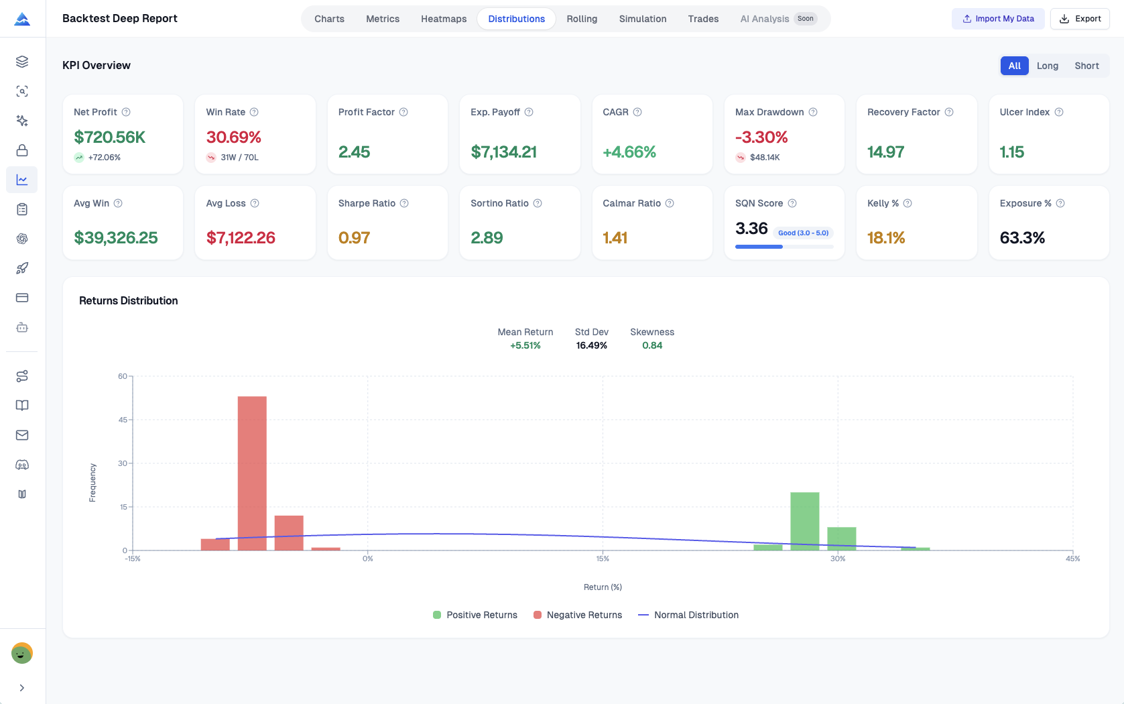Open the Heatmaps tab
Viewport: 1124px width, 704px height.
(x=443, y=19)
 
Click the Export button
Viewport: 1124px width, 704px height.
(x=1080, y=19)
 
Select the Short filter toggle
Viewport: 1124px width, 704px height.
(x=1086, y=66)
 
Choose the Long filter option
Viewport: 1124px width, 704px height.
(x=1047, y=66)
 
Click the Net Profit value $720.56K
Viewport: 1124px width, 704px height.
(x=110, y=137)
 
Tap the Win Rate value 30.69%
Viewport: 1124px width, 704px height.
(x=233, y=137)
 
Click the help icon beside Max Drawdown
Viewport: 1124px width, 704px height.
(x=813, y=112)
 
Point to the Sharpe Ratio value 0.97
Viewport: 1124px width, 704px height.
(x=354, y=238)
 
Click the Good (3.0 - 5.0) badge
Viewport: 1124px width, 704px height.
(x=803, y=233)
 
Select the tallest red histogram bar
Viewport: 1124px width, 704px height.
(x=252, y=473)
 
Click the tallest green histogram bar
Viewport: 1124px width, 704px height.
(x=804, y=521)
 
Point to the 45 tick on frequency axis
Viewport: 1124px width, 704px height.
(x=123, y=420)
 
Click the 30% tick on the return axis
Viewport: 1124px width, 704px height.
(x=838, y=559)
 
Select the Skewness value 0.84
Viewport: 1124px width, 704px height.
(x=651, y=346)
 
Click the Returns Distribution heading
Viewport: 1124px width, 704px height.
(x=129, y=301)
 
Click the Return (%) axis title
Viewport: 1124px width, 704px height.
(x=603, y=587)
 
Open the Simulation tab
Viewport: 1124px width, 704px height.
(x=642, y=19)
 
